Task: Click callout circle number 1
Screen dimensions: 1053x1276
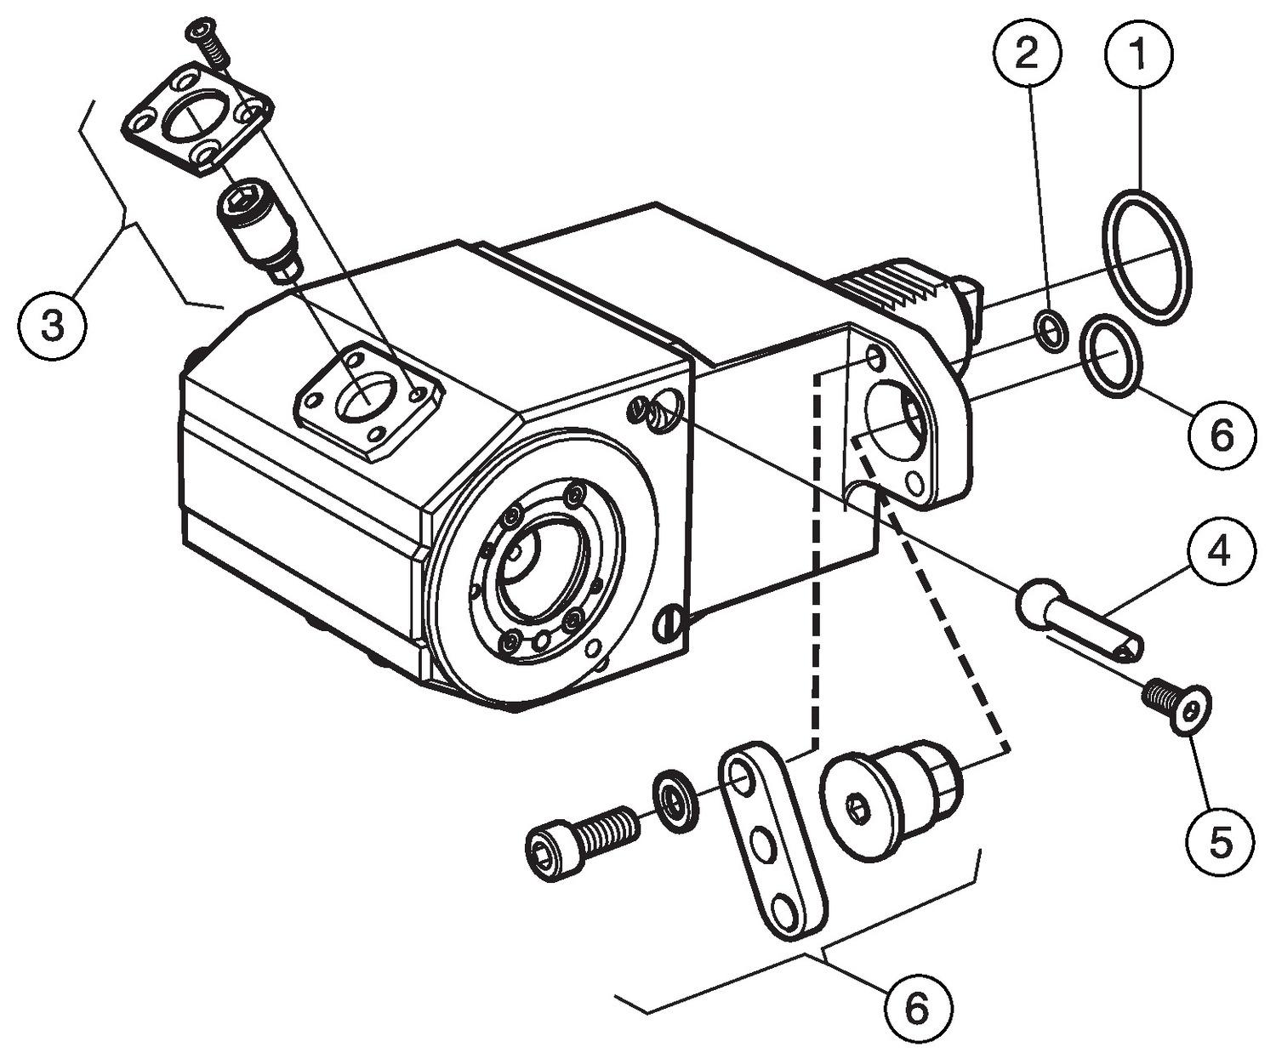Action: pos(1137,53)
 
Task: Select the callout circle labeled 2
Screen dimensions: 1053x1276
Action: pos(1027,53)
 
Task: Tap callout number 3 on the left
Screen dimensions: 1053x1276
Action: pos(53,326)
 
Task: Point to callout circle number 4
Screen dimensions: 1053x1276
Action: pos(1219,555)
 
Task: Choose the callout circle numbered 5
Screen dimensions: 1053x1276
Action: pos(1219,842)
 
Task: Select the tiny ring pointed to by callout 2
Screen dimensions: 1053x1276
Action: pos(1051,330)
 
